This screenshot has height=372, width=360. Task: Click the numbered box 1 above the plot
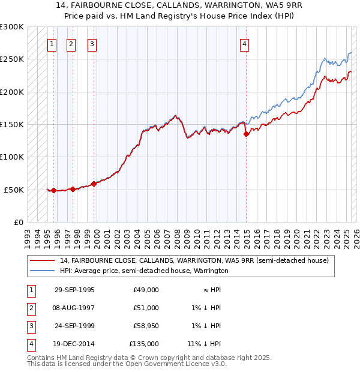(52, 43)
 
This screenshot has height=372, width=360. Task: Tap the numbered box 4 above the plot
(245, 43)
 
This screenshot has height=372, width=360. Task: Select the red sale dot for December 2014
(247, 134)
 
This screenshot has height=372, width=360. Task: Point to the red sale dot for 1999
(94, 184)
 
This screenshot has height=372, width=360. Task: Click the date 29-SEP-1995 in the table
(74, 290)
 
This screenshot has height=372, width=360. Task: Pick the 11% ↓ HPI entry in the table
(204, 344)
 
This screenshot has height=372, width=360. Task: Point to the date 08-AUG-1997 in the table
(75, 308)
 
